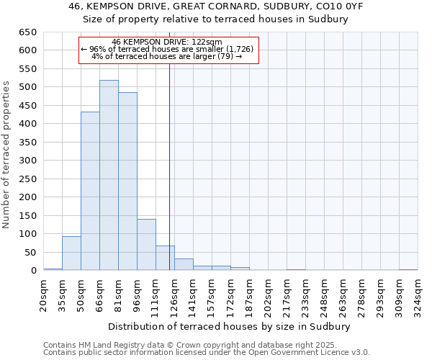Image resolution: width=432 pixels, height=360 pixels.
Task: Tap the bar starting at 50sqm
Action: click(x=90, y=191)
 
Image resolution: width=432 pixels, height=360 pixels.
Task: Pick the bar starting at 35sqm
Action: click(x=71, y=253)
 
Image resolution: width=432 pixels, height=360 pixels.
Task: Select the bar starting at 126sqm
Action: click(x=184, y=264)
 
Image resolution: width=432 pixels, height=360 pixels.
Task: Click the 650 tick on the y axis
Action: click(x=27, y=32)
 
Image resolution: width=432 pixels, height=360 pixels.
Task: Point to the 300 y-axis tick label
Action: click(x=27, y=161)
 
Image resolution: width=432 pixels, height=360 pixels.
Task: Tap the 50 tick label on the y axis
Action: click(x=30, y=252)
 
